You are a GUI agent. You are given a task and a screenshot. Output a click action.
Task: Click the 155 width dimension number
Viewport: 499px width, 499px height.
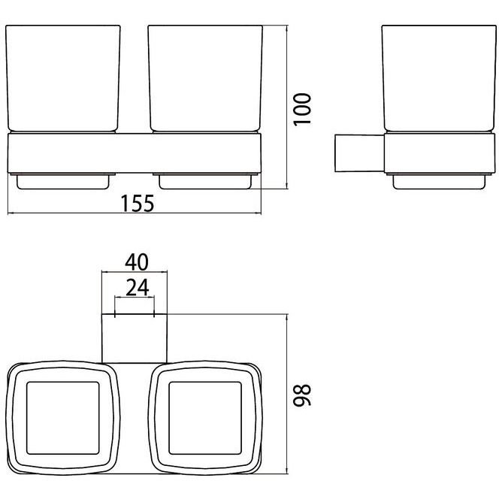pyautogui.click(x=138, y=204)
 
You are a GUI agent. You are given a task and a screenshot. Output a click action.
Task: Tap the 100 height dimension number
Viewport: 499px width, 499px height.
pyautogui.click(x=302, y=110)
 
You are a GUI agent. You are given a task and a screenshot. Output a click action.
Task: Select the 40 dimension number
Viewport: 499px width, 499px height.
pyautogui.click(x=137, y=262)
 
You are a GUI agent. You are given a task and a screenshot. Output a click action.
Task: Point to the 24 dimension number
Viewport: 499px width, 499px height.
pyautogui.click(x=138, y=288)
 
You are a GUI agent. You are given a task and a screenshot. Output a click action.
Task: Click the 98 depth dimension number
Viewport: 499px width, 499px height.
pyautogui.click(x=302, y=395)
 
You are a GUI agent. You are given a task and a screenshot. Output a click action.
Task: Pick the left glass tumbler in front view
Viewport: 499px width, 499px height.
pyautogui.click(x=63, y=79)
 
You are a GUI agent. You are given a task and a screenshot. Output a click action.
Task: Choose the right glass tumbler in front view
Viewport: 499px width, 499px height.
pyautogui.click(x=205, y=79)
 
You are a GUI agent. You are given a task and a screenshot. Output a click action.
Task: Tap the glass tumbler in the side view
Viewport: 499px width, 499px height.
pyautogui.click(x=439, y=79)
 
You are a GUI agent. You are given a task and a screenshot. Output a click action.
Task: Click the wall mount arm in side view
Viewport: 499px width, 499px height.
pyautogui.click(x=360, y=153)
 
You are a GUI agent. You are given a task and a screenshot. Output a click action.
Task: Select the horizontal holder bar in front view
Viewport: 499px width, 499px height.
pyautogui.click(x=134, y=153)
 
